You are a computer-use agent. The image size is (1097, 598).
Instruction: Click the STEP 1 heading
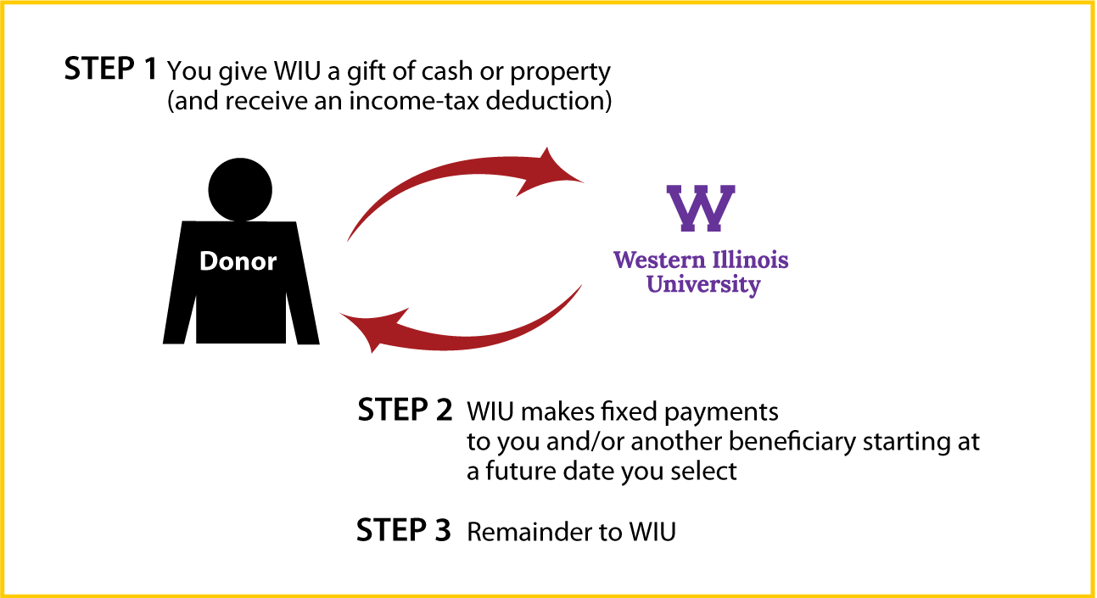pyautogui.click(x=110, y=68)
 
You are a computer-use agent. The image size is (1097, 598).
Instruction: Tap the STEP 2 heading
pyautogui.click(x=405, y=410)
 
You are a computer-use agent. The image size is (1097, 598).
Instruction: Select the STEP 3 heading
pyautogui.click(x=403, y=530)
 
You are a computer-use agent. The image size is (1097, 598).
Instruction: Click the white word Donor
pyautogui.click(x=238, y=261)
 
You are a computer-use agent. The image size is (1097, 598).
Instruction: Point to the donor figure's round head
pyautogui.click(x=240, y=189)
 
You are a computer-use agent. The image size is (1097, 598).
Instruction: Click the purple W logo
pyautogui.click(x=701, y=208)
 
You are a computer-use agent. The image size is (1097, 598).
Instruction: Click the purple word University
pyautogui.click(x=703, y=285)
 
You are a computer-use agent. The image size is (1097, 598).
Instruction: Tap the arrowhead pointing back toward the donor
pyautogui.click(x=373, y=330)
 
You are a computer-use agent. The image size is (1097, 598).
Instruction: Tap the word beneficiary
pyautogui.click(x=792, y=442)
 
